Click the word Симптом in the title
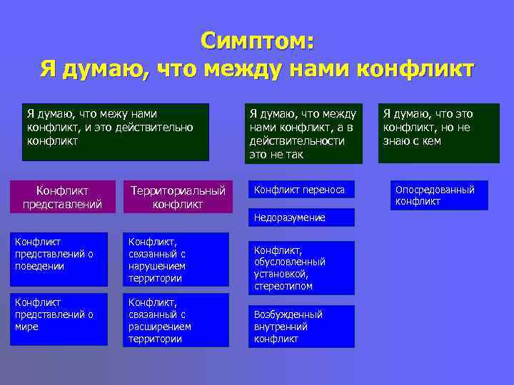[256, 40]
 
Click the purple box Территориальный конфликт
[178, 197]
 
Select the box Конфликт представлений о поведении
[60, 255]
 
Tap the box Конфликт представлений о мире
[60, 314]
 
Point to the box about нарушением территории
[176, 260]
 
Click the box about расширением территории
[176, 320]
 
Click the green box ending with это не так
[304, 134]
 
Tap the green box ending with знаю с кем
[438, 127]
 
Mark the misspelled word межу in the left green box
[104, 114]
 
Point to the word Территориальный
[178, 190]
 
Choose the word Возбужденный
[288, 314]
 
